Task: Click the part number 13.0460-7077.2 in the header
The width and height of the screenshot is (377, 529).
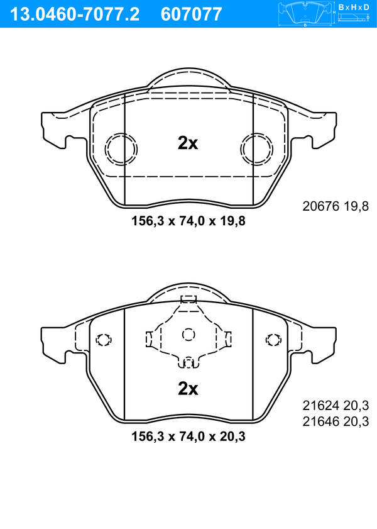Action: (x=75, y=14)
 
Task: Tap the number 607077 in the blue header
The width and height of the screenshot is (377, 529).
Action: (x=192, y=14)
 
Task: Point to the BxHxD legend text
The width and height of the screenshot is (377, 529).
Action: (x=354, y=7)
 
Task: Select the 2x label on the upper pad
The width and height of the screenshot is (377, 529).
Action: (x=188, y=143)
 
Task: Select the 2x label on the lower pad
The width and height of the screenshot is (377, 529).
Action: (x=188, y=389)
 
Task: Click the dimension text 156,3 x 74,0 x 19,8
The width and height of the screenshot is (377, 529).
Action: (x=188, y=221)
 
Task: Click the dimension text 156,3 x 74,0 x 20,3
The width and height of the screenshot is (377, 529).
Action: (x=188, y=437)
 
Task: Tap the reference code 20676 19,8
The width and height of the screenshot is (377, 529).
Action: (x=336, y=206)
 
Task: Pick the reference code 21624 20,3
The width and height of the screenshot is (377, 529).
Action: (x=336, y=405)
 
